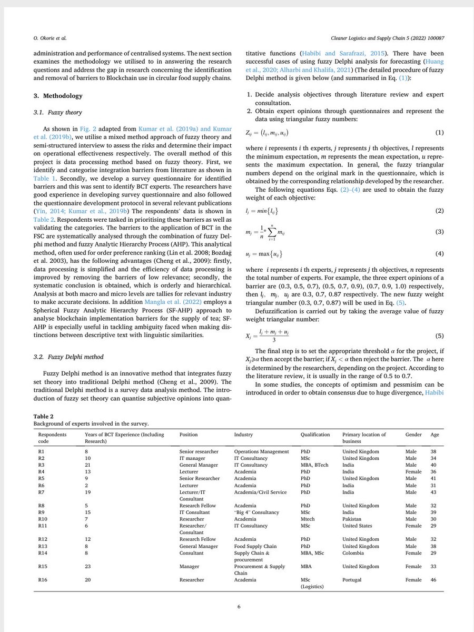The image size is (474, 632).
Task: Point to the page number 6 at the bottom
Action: pyautogui.click(x=239, y=607)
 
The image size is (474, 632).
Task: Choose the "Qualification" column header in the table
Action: pyautogui.click(x=315, y=434)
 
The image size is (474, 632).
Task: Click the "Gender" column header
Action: pyautogui.click(x=413, y=434)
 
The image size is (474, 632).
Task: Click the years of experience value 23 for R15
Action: pyautogui.click(x=88, y=566)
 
